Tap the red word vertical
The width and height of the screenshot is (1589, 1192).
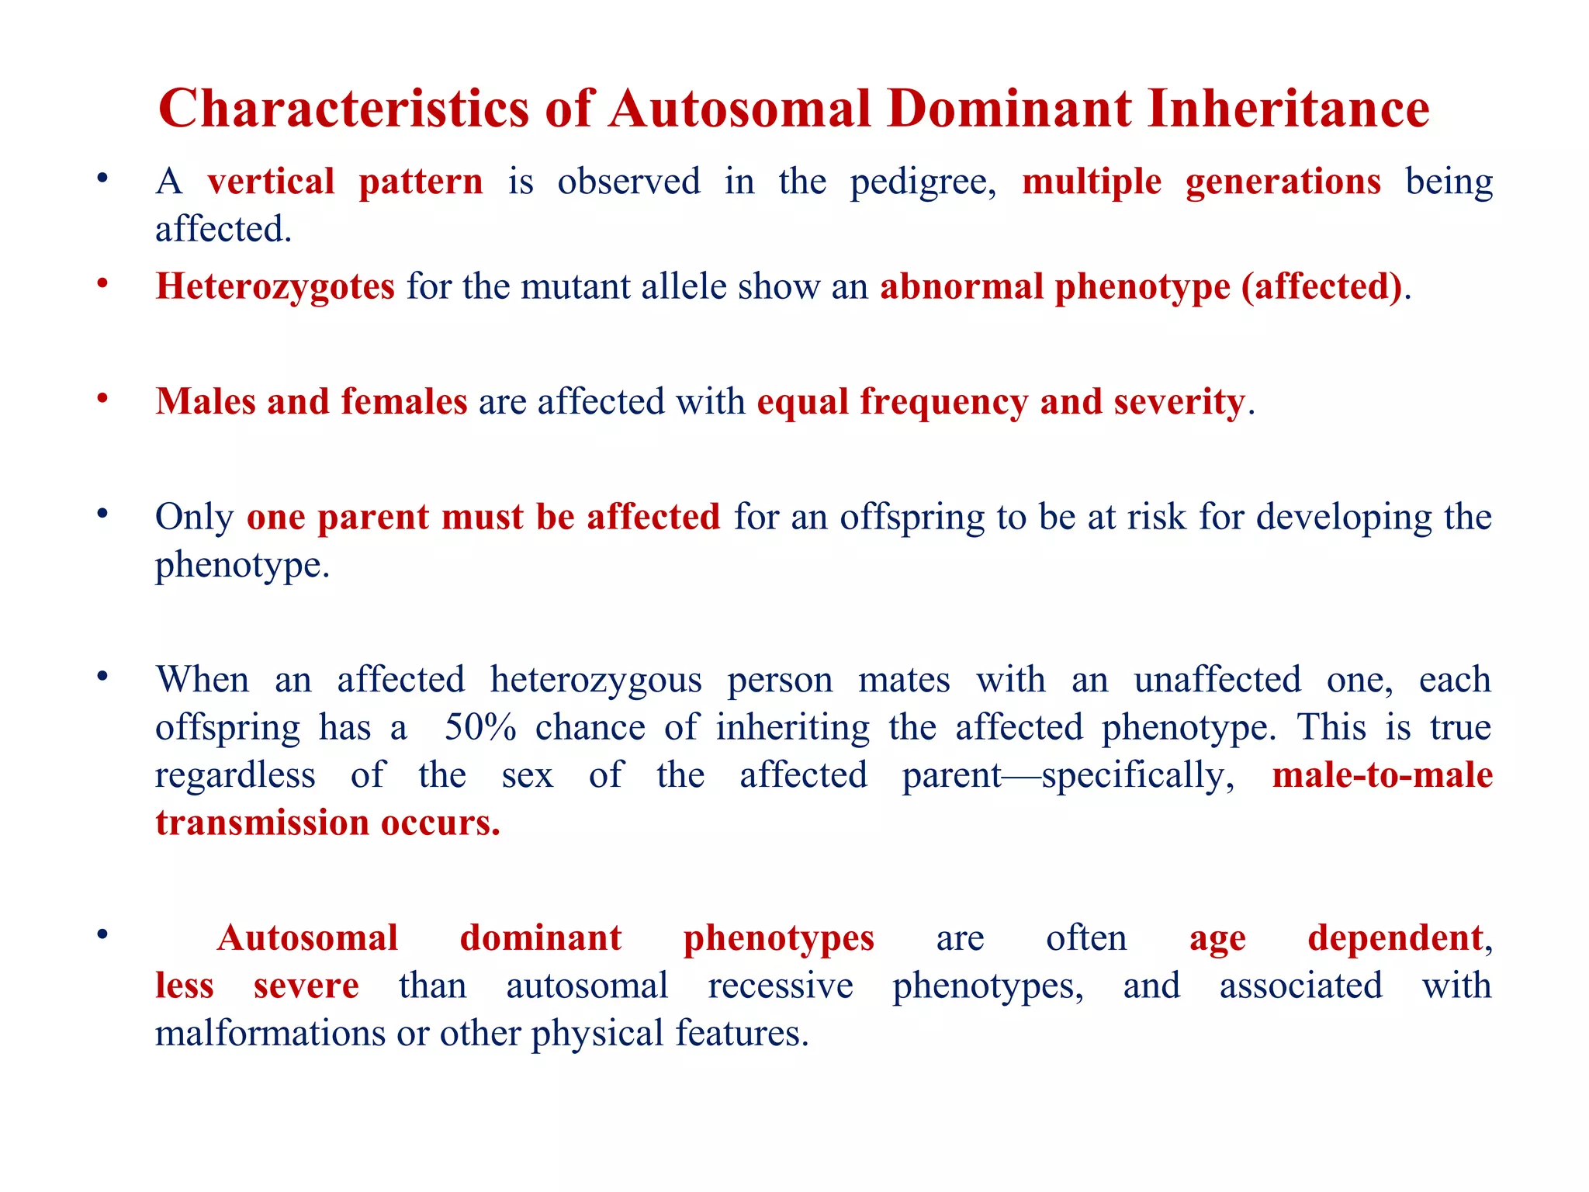coord(271,182)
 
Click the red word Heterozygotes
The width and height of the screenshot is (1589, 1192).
coord(275,287)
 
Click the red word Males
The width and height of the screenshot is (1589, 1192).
coord(205,402)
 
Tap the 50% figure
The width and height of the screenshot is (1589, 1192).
coord(480,728)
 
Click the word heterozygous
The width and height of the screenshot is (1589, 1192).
coord(596,681)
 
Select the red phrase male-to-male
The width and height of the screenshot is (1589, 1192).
coord(1382,775)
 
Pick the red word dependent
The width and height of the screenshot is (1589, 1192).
coord(1395,938)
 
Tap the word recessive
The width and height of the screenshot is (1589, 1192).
coord(780,986)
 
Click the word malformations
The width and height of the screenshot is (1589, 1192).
coord(270,1034)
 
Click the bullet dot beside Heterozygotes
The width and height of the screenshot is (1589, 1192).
coord(102,284)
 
